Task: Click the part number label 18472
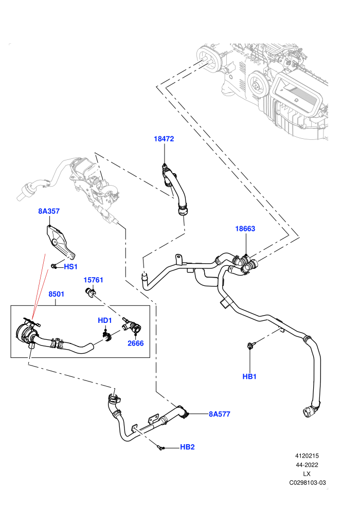[x=164, y=139]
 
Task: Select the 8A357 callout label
[x=49, y=211]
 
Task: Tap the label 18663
[x=245, y=228]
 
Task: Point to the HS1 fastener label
[x=71, y=267]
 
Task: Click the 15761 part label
[x=93, y=280]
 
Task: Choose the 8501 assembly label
[x=57, y=294]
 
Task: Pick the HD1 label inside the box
[x=105, y=320]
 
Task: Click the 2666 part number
[x=135, y=343]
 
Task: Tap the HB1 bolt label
[x=249, y=376]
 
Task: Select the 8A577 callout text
[x=220, y=414]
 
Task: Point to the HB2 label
[x=187, y=447]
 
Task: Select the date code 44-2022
[x=307, y=465]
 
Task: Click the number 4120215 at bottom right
[x=307, y=456]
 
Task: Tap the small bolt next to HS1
[x=54, y=266]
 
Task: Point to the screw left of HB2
[x=160, y=448]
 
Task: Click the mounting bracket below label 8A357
[x=60, y=241]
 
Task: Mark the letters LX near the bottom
[x=307, y=474]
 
